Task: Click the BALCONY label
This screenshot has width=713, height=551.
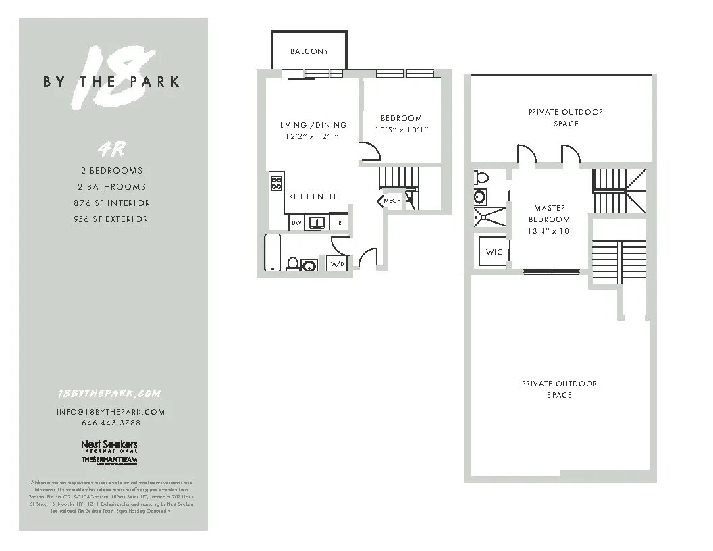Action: tap(309, 51)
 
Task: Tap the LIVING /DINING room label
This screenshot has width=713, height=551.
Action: tap(313, 125)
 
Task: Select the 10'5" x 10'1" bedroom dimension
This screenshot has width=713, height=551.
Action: tap(402, 130)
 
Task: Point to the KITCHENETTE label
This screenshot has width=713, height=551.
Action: tap(315, 196)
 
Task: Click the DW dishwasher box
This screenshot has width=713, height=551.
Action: tap(296, 222)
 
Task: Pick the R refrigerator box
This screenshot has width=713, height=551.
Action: tap(340, 222)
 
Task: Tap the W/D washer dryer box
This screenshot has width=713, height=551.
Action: tap(336, 264)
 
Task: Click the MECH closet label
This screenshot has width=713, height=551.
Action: tap(392, 201)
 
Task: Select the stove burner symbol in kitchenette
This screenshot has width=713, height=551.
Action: tap(276, 182)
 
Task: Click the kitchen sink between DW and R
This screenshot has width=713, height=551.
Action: tap(317, 221)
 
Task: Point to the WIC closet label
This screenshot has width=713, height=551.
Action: tap(494, 252)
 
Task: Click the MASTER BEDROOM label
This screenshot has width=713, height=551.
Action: tap(549, 213)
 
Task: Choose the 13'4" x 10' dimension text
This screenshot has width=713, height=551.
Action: tap(550, 231)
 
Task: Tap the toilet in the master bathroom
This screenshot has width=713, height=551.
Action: tap(481, 178)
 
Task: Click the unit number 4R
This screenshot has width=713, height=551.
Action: tap(112, 149)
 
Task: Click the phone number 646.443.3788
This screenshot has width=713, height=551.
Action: tap(111, 423)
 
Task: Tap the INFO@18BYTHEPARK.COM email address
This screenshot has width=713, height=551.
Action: tap(111, 411)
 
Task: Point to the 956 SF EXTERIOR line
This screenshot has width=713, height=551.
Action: tap(111, 219)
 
